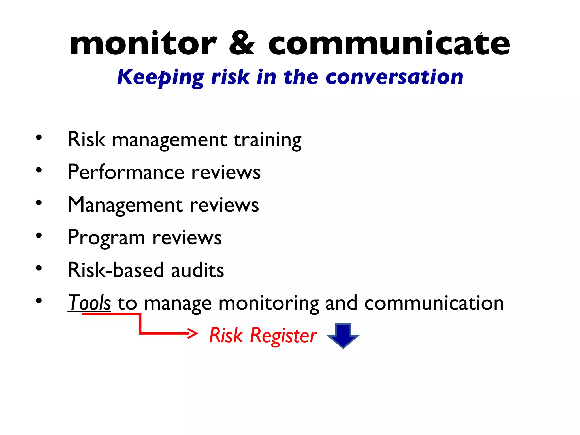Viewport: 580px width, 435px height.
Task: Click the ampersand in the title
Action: click(242, 43)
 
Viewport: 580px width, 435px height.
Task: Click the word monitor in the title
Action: click(143, 43)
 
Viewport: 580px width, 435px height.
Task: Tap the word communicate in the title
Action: click(389, 43)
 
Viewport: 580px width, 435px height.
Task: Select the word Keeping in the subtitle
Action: click(161, 77)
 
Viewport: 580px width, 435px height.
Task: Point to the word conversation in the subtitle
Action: click(394, 77)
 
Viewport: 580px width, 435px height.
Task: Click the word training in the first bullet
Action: click(268, 140)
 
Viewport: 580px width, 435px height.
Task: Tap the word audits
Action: click(197, 270)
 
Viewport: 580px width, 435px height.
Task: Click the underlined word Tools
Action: click(89, 303)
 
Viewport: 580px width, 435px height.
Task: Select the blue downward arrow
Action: click(343, 335)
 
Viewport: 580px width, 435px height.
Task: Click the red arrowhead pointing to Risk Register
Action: click(193, 333)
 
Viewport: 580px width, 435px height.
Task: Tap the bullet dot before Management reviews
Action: click(39, 203)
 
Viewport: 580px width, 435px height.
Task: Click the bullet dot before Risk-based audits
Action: click(39, 268)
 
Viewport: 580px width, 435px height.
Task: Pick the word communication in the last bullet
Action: click(434, 303)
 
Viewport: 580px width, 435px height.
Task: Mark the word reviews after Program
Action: click(187, 238)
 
